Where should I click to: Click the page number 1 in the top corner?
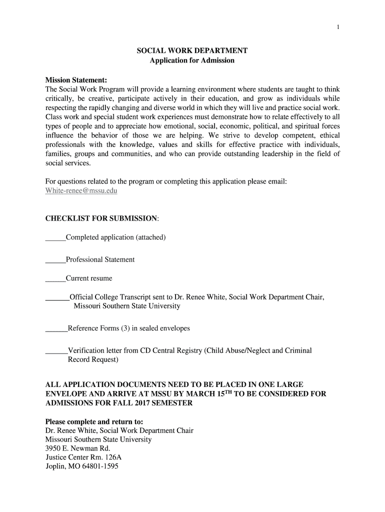point(338,27)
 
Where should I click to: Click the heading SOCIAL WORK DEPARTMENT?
point(192,51)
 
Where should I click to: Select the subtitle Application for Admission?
point(192,60)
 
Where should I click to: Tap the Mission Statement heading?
point(76,80)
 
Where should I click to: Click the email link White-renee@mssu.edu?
point(81,190)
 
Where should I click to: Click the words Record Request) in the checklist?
point(93,359)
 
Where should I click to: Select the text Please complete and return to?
point(94,421)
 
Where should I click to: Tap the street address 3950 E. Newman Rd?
point(77,448)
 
